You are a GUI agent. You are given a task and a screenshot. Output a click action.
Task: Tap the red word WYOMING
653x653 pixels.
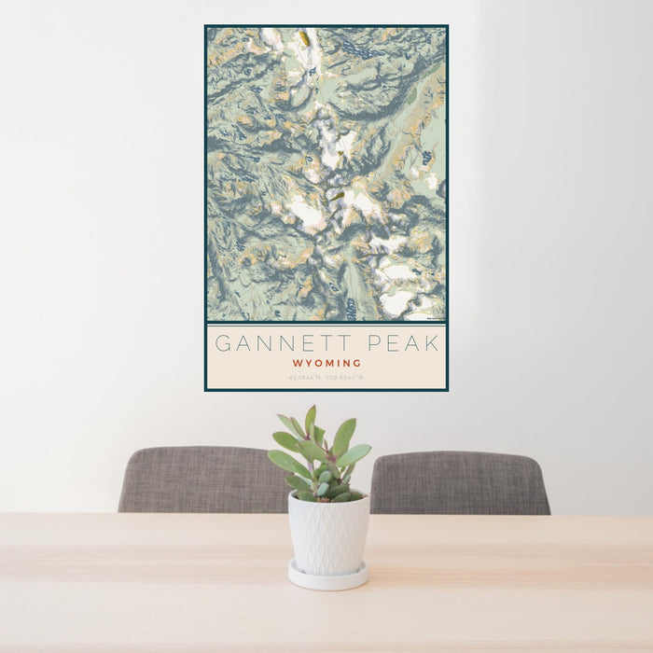click(x=326, y=363)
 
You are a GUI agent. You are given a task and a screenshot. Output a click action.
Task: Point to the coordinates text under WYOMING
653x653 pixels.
click(x=326, y=378)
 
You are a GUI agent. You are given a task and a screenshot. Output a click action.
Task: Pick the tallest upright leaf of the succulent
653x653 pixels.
click(x=310, y=422)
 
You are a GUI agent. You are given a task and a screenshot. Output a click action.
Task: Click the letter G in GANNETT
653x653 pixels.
click(x=223, y=343)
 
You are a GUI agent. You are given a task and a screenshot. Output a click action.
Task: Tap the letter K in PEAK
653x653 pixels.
click(x=431, y=343)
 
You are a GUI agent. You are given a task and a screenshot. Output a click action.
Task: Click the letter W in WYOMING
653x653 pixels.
click(x=297, y=363)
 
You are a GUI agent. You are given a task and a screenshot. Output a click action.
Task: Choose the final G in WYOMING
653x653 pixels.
click(x=357, y=363)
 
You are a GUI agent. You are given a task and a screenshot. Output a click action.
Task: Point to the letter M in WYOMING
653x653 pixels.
click(x=327, y=363)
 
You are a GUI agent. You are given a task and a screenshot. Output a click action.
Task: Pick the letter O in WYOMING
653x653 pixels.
click(x=316, y=363)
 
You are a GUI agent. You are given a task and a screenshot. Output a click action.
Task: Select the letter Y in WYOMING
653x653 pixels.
click(x=307, y=363)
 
